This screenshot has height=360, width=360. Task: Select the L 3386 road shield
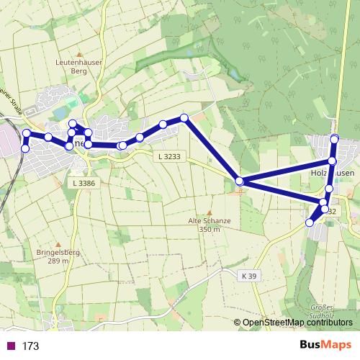click(84, 184)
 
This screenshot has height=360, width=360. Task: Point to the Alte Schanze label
click(209, 221)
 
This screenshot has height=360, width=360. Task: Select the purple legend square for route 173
click(10, 346)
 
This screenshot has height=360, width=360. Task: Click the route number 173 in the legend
click(30, 346)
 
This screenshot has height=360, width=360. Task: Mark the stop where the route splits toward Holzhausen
click(239, 181)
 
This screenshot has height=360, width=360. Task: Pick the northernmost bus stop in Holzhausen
click(334, 138)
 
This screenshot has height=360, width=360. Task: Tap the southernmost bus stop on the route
click(310, 222)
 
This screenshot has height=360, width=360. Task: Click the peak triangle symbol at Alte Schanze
click(209, 212)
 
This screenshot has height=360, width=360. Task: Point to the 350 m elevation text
click(209, 229)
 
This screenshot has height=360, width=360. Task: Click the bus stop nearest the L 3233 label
click(140, 137)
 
